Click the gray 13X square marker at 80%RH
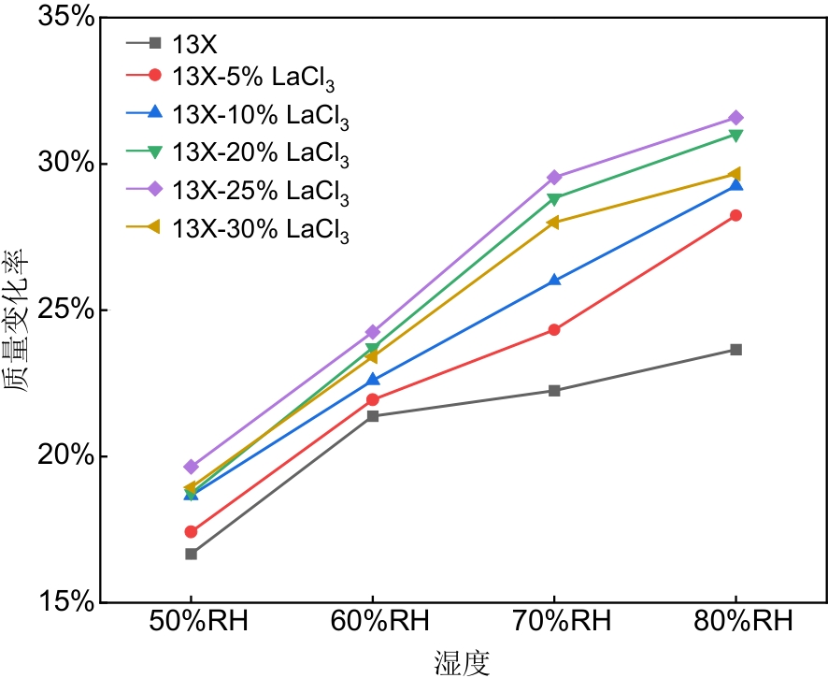coord(735,350)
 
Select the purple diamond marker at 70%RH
coord(554,177)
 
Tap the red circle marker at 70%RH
coord(554,329)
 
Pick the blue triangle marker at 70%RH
coord(554,280)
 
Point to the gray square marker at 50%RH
coord(191,554)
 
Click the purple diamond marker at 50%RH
coord(191,467)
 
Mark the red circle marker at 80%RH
coord(735,215)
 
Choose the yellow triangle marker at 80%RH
coord(735,174)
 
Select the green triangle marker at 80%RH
coord(735,136)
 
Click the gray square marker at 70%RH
coord(554,390)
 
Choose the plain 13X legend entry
coord(195,42)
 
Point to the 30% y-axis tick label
coord(64,164)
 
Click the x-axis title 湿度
coord(462,661)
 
